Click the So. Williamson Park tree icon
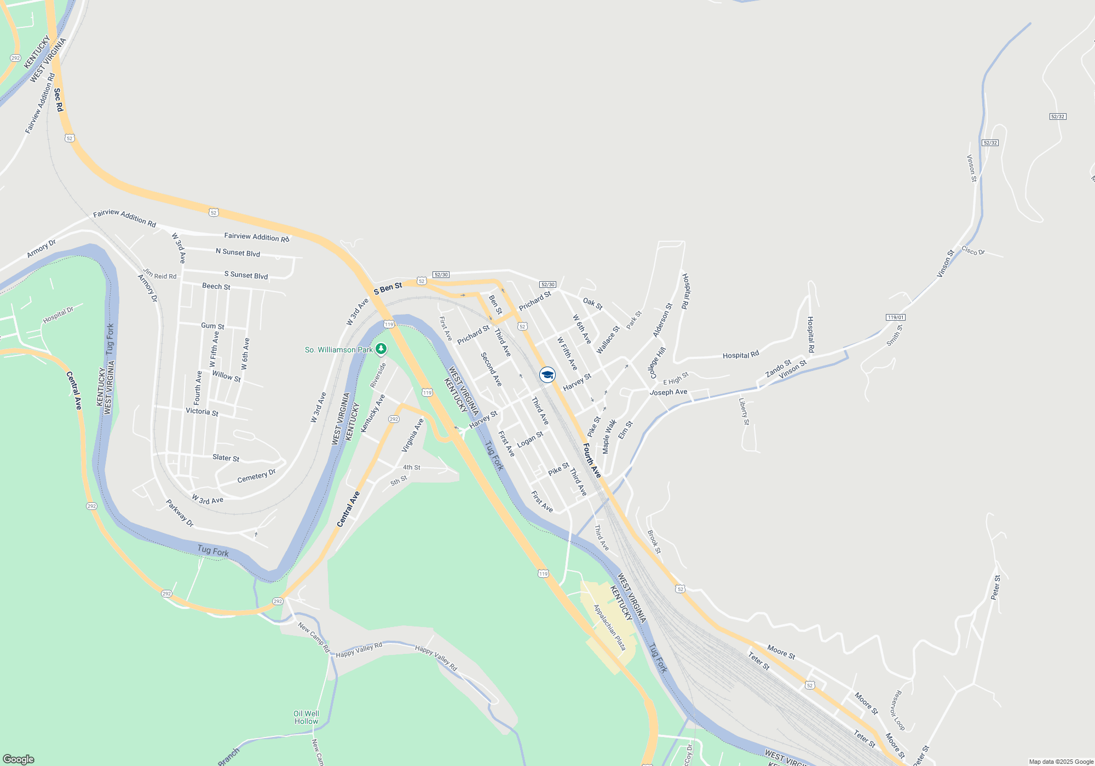pyautogui.click(x=381, y=349)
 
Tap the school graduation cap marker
pyautogui.click(x=547, y=375)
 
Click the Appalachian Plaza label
pyautogui.click(x=609, y=627)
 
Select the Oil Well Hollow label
pyautogui.click(x=306, y=717)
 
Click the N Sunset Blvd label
pyautogui.click(x=238, y=252)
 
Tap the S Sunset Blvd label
pyautogui.click(x=246, y=275)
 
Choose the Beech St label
pyautogui.click(x=216, y=286)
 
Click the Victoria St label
pyautogui.click(x=201, y=411)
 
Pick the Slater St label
pyautogui.click(x=226, y=457)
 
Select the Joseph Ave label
pyautogui.click(x=668, y=392)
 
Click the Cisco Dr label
pyautogui.click(x=973, y=251)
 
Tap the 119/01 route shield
pyautogui.click(x=895, y=317)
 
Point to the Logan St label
pyautogui.click(x=530, y=439)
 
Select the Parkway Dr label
pyautogui.click(x=180, y=513)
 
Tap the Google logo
pyautogui.click(x=19, y=759)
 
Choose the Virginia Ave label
pyautogui.click(x=413, y=435)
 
